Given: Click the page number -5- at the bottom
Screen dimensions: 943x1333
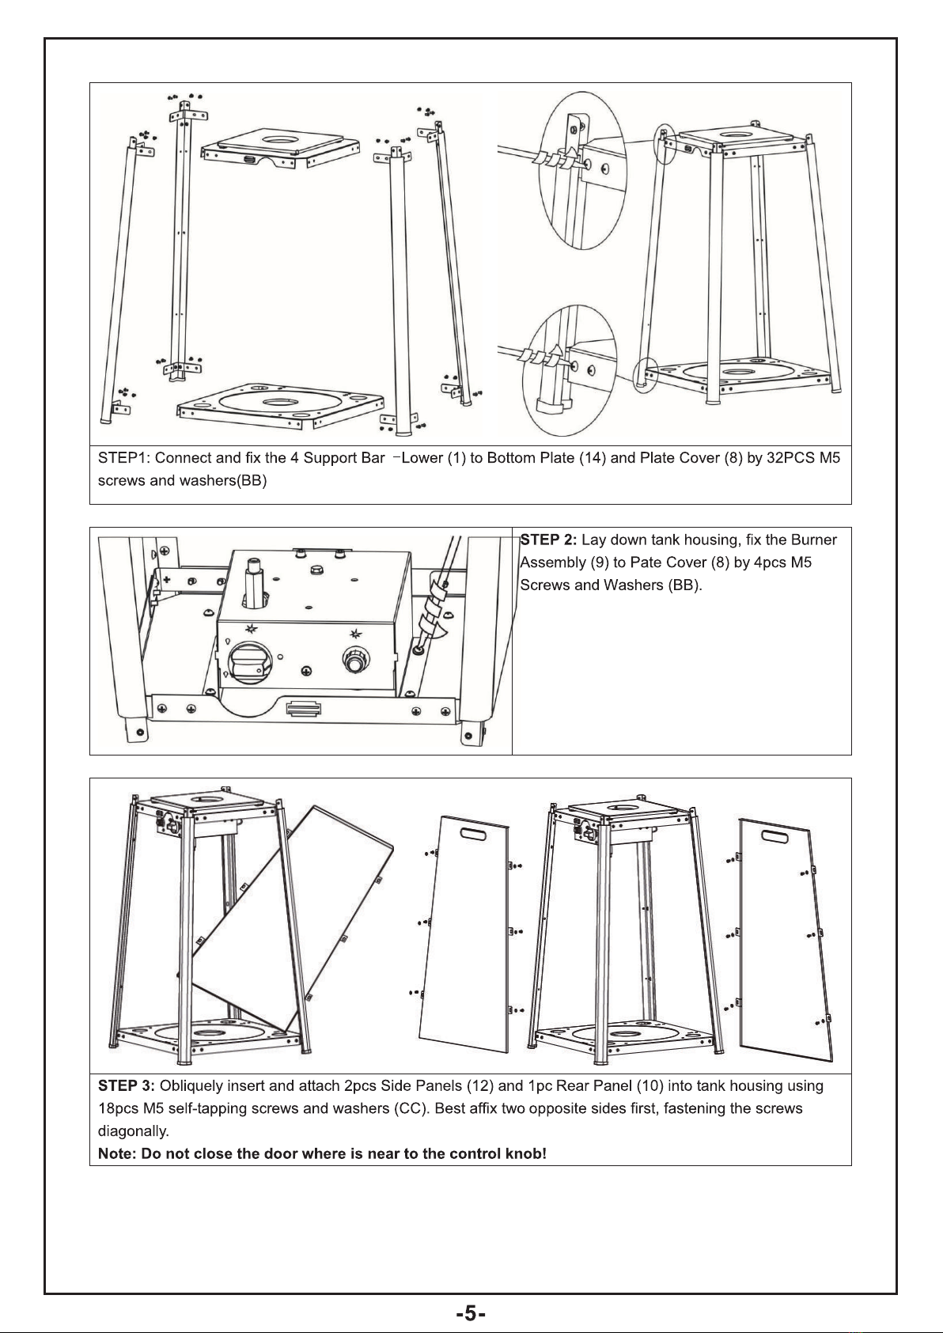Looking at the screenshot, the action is coord(471,1313).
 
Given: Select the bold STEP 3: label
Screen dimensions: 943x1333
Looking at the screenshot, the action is coord(126,1085).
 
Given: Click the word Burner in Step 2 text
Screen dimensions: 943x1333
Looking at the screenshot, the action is coord(813,540).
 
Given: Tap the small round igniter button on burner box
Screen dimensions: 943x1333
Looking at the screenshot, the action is coord(356,660).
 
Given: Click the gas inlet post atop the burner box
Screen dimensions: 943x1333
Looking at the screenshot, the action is coord(254,583).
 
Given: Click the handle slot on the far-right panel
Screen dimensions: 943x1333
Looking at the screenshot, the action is coord(774,837).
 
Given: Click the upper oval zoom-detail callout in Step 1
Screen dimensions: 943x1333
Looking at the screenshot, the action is coord(582,171).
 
